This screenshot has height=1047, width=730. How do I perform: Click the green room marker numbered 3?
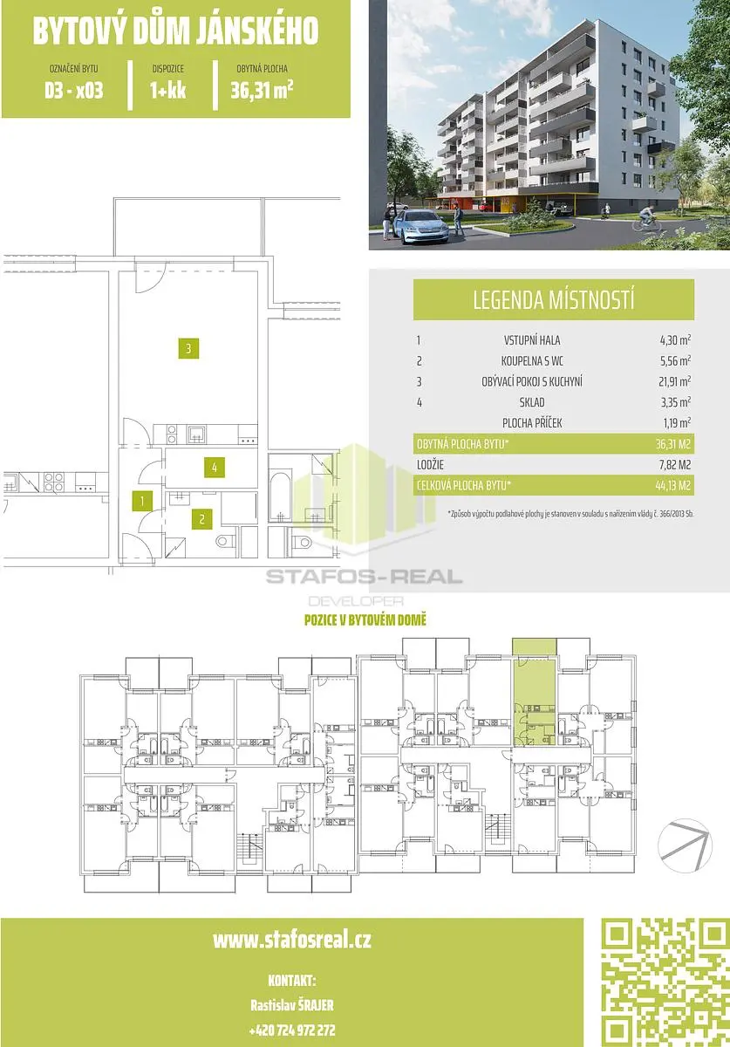click(x=188, y=348)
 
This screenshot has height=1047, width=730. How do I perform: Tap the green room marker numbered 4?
click(x=214, y=467)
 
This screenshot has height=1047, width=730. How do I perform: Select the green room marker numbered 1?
click(x=142, y=502)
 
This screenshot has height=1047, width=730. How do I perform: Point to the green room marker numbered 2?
click(x=201, y=519)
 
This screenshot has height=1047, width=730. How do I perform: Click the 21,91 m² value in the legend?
click(x=675, y=381)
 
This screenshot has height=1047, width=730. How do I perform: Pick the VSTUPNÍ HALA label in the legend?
click(x=532, y=340)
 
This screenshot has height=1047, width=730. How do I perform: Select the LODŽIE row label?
click(x=430, y=464)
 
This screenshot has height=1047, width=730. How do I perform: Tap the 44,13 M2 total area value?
click(x=673, y=486)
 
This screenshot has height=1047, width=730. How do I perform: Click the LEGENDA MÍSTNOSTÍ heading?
click(x=554, y=299)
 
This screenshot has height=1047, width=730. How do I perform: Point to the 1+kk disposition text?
click(x=168, y=91)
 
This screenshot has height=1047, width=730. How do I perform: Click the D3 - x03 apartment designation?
click(x=74, y=91)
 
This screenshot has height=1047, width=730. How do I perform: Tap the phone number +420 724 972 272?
click(x=292, y=1030)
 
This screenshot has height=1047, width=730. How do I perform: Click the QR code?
click(x=665, y=983)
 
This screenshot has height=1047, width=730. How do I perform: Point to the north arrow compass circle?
click(x=685, y=845)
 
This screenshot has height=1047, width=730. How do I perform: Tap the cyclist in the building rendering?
click(x=647, y=218)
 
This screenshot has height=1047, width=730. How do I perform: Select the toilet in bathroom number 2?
click(x=226, y=542)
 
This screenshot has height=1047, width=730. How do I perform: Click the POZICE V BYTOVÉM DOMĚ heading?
click(x=365, y=619)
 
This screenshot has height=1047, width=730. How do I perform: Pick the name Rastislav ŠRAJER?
click(x=292, y=1005)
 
